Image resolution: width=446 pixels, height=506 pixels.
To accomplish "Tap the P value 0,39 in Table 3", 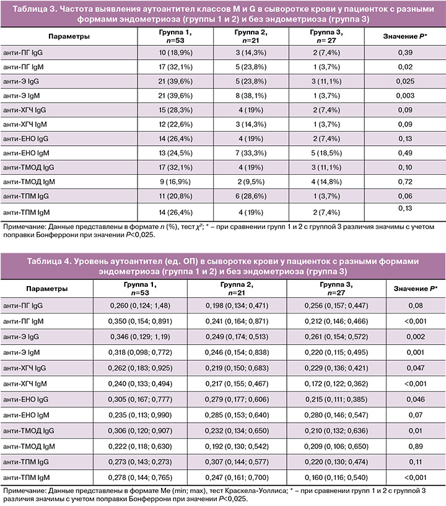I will [404, 55].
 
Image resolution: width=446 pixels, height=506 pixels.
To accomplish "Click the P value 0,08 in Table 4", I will [404, 305].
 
